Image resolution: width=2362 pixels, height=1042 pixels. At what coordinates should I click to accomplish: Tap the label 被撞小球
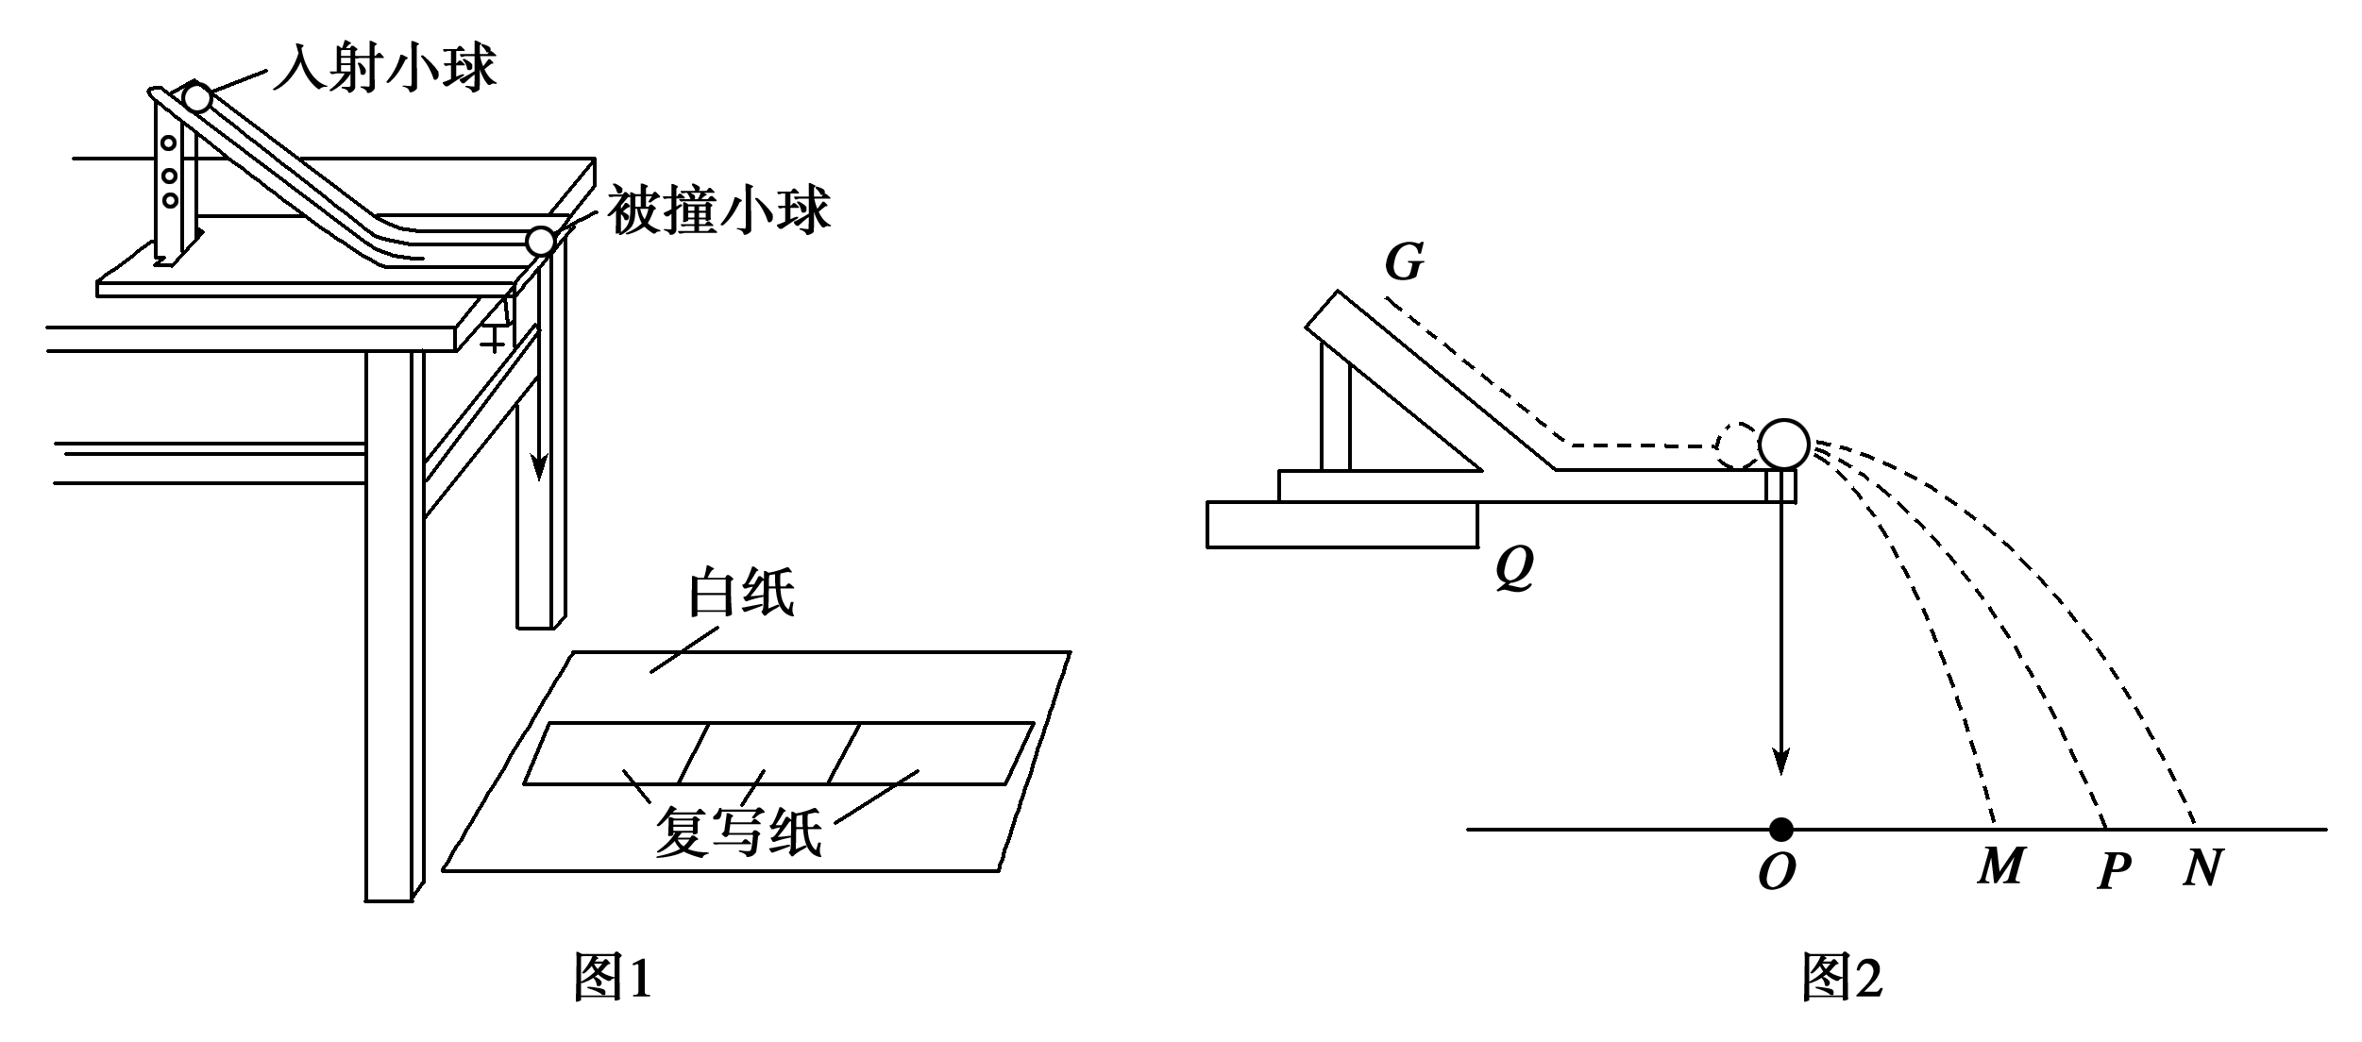pos(718,210)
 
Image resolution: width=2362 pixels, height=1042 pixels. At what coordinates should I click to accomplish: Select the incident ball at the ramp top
pos(197,97)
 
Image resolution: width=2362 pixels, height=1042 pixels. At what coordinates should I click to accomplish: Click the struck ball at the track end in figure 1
pos(541,242)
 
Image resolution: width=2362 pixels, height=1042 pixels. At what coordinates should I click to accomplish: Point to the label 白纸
pos(741,593)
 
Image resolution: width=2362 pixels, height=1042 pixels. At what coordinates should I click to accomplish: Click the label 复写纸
pos(738,832)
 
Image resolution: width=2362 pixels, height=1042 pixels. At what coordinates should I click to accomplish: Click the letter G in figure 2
pos(1404,262)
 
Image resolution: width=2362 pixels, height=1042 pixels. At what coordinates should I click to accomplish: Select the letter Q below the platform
pos(1514,568)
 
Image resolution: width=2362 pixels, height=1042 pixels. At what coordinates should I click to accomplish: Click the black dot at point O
pos(1780,830)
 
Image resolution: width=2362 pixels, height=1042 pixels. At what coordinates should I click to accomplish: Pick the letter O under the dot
pos(1777,873)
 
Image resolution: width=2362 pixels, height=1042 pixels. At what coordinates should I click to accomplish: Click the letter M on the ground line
pos(2000,866)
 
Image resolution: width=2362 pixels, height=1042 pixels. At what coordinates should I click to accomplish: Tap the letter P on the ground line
pos(2115,869)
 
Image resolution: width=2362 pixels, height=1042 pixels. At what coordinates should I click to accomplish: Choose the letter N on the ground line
pos(2202,867)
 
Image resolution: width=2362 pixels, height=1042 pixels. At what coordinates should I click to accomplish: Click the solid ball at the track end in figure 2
pos(1783,444)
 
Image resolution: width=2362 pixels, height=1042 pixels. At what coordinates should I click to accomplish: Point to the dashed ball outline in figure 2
pos(1737,445)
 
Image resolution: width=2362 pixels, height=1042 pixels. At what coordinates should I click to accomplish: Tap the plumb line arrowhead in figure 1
pos(538,466)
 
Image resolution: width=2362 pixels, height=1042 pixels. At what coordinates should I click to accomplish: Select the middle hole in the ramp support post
pos(170,176)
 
